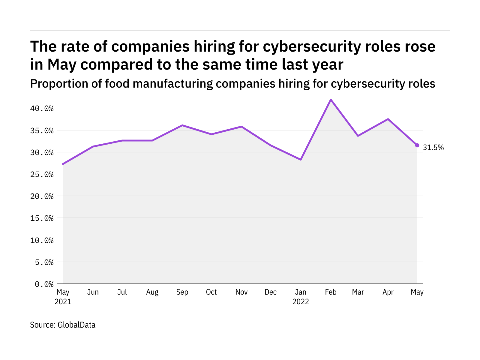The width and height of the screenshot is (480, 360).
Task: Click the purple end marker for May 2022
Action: [417, 145]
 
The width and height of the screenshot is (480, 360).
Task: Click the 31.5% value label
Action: [433, 147]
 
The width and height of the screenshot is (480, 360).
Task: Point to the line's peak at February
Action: [331, 100]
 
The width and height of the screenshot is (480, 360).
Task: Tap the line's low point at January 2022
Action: [301, 160]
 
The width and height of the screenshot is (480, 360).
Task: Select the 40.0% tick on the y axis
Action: [42, 108]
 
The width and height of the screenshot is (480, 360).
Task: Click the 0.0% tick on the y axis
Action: [44, 284]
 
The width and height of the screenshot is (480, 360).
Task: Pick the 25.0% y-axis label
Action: [42, 174]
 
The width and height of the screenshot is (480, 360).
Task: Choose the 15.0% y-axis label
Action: [42, 218]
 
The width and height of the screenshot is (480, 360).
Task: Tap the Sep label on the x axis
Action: [182, 292]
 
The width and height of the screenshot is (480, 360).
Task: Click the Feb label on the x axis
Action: [331, 292]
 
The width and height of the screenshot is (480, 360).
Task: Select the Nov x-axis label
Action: [241, 292]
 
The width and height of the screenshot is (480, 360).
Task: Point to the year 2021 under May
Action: [63, 301]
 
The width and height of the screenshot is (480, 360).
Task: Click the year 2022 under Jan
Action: [301, 301]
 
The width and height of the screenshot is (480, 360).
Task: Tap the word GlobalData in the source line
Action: [76, 325]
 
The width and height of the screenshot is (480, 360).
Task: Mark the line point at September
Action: [182, 125]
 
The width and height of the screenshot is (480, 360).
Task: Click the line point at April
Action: [388, 119]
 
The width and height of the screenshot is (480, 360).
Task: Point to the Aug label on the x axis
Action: [152, 292]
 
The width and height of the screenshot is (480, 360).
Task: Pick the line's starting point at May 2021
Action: [63, 164]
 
